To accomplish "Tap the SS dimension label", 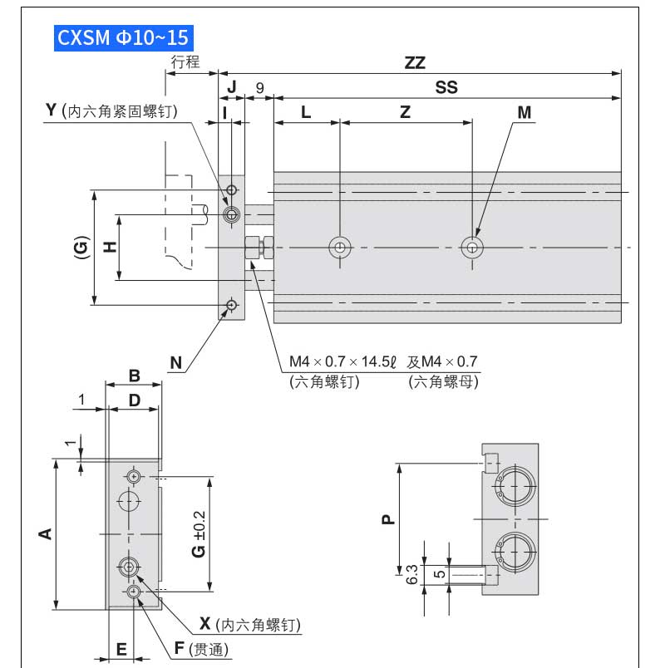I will [x=446, y=87].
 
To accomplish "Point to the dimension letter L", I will [x=306, y=112].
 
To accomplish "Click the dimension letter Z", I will [x=405, y=112].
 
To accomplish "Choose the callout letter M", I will [x=524, y=112].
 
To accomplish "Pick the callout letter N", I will [x=175, y=362].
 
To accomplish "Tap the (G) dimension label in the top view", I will [x=81, y=248].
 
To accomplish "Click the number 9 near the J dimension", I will [x=260, y=87].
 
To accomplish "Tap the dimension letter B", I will [x=134, y=375].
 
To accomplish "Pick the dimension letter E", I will [x=121, y=649].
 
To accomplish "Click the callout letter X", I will [x=205, y=624].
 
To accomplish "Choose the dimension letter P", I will [x=387, y=520].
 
